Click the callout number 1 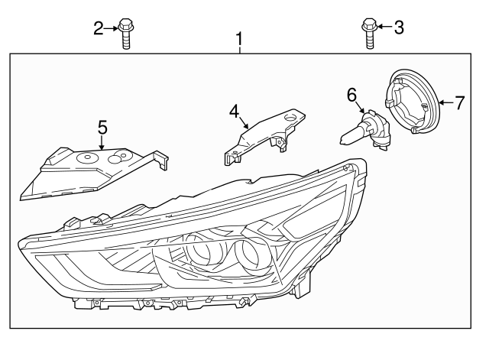coord(239,39)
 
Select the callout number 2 coord(99,28)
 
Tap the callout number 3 coord(399,28)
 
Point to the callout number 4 coord(234,112)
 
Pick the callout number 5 coord(102,128)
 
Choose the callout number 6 coord(351,95)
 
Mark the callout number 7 coord(459,102)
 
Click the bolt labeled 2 coord(125,34)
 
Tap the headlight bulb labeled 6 coord(365,131)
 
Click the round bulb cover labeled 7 coord(411,102)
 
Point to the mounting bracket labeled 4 coord(264,137)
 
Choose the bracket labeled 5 coord(93,174)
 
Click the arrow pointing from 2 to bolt coord(111,28)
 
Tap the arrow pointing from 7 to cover coord(446,102)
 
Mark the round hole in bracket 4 coord(290,118)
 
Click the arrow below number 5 coord(102,143)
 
